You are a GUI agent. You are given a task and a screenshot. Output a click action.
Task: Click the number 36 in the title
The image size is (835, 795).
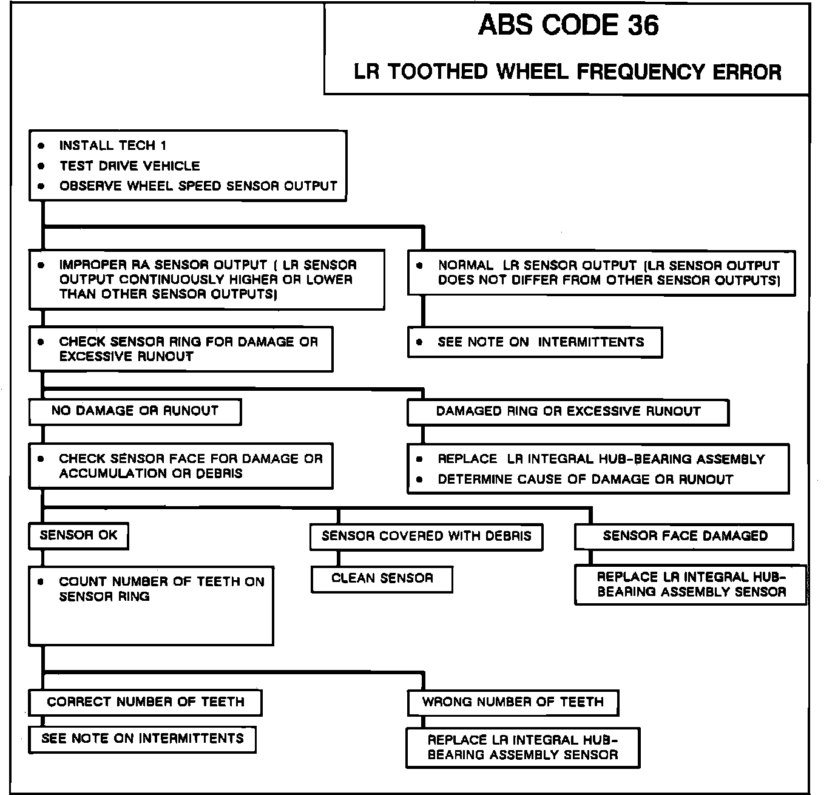click(643, 25)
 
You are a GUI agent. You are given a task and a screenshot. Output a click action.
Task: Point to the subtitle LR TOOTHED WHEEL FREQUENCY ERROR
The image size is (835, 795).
click(567, 72)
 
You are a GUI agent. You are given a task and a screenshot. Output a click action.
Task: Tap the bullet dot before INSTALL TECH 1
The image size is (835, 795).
click(41, 146)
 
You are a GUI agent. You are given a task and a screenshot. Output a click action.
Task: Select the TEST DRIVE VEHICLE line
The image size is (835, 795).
click(129, 166)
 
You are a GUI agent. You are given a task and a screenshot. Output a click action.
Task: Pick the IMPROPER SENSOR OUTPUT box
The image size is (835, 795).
click(206, 280)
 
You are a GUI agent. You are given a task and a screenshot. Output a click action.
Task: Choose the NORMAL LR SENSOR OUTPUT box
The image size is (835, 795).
click(601, 273)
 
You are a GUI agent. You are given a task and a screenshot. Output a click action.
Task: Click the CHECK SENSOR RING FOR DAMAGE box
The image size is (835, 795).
click(181, 349)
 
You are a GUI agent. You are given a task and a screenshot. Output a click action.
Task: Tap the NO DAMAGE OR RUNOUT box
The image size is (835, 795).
click(135, 411)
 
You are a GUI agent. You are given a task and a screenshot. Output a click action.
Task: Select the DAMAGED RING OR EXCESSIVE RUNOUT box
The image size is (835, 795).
click(567, 411)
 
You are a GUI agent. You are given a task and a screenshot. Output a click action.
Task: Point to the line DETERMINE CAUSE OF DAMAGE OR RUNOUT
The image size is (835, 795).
click(585, 479)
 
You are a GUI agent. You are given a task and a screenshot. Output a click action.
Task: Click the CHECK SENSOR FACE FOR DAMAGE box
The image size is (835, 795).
click(181, 466)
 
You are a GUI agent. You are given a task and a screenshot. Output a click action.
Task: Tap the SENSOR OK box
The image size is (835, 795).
click(78, 535)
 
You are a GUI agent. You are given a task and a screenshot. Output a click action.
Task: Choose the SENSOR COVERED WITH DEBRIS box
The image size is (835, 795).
click(426, 536)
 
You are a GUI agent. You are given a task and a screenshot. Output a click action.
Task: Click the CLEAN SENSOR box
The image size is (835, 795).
click(382, 578)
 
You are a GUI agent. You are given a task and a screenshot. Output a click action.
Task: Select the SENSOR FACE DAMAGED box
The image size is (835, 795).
click(684, 536)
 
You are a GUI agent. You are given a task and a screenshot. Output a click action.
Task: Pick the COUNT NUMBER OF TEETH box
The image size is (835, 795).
click(151, 605)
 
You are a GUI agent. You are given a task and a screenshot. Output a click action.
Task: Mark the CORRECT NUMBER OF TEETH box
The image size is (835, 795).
click(145, 702)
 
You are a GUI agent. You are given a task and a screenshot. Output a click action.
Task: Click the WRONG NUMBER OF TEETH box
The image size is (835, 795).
click(513, 702)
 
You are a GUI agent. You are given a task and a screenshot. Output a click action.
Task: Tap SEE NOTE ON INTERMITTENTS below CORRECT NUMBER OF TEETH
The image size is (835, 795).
click(142, 739)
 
